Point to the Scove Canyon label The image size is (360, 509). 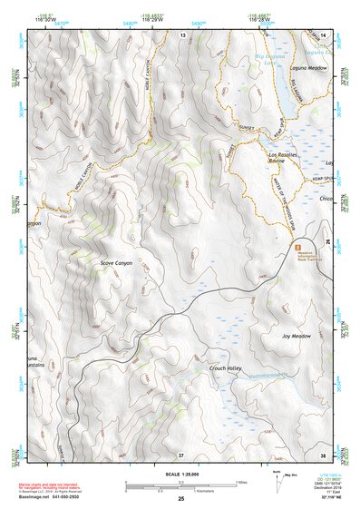[x=116, y=263]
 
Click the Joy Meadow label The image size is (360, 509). [x=296, y=336]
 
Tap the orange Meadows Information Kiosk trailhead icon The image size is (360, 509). [x=295, y=246]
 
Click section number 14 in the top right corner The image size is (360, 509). [x=322, y=34]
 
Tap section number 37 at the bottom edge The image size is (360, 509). [x=181, y=454]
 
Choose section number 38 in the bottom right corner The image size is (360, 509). [x=322, y=454]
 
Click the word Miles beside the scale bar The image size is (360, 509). [x=241, y=482]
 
